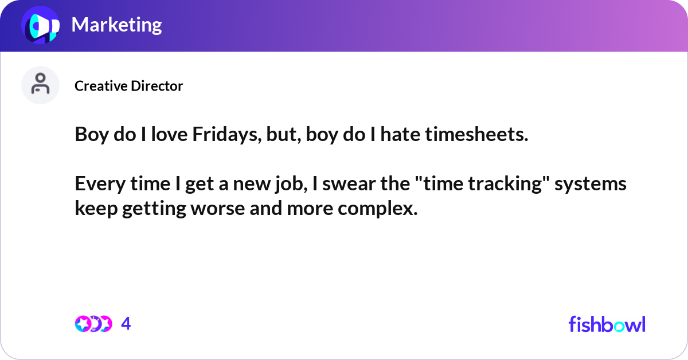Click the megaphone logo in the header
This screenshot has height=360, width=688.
tap(41, 25)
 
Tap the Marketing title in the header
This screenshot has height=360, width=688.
tap(116, 25)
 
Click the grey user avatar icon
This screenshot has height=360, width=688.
tap(40, 85)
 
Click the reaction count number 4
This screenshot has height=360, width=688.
tap(126, 324)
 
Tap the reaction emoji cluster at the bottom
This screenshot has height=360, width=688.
tap(93, 324)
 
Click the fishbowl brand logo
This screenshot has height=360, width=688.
tap(607, 324)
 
